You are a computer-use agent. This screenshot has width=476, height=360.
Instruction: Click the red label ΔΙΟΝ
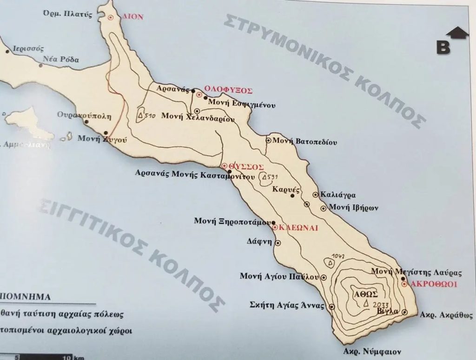[x=132, y=17]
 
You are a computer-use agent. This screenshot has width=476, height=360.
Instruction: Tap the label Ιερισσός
[x=28, y=48]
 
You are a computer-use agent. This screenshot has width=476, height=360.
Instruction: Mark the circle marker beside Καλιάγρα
[x=315, y=195]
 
